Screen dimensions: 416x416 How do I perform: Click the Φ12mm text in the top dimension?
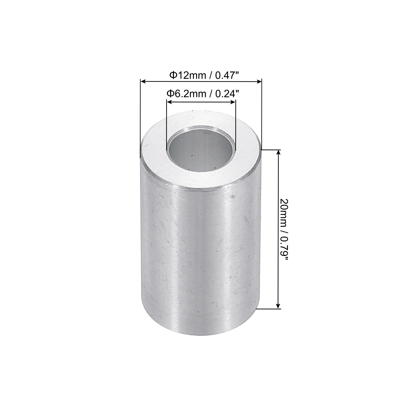187,75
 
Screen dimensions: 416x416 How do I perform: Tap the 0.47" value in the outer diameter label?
227,75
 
